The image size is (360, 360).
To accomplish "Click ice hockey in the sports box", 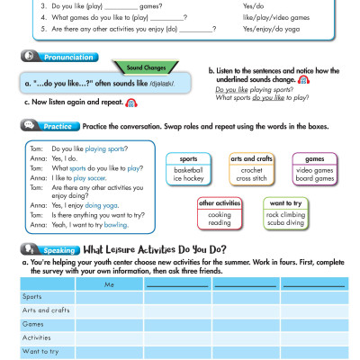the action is tap(188, 179).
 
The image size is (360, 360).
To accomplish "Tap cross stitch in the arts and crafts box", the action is tap(251, 179).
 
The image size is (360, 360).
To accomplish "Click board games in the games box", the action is tap(315, 179).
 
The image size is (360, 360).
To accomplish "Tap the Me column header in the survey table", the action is tap(110, 285).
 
